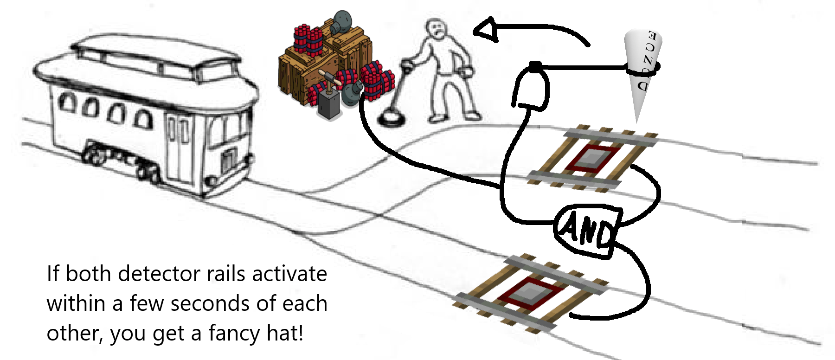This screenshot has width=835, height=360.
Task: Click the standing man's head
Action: pos(437,31)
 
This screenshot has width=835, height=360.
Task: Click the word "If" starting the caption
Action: pos(52,274)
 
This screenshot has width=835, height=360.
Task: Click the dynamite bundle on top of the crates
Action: pos(308,39)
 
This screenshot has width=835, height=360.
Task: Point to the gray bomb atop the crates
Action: pos(342,21)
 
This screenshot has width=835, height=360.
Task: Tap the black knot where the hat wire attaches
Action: pos(535,66)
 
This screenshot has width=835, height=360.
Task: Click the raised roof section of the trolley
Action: pos(155,51)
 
